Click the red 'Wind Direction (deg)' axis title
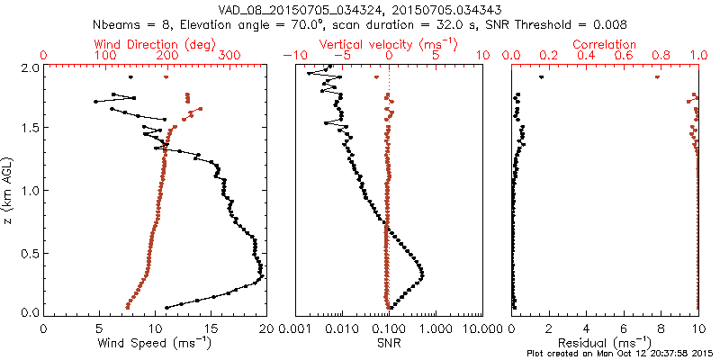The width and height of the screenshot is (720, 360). coord(155,44)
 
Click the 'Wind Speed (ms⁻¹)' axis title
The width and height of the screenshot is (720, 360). coord(155,343)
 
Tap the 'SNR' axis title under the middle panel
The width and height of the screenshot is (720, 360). coord(388,343)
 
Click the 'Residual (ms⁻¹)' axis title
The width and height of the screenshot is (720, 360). coord(606,343)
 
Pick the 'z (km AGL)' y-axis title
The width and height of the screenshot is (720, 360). coord(8,191)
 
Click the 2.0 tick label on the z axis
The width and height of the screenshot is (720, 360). coord(29,67)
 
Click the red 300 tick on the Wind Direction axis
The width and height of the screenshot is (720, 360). coord(229,56)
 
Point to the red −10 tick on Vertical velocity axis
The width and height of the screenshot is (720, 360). coord(292,56)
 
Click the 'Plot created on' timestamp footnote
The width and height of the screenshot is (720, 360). coord(622,355)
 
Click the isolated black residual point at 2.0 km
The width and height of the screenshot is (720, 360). coord(541,77)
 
